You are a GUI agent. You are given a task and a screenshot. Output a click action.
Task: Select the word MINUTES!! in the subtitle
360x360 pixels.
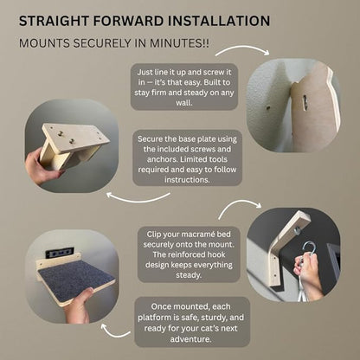pyautogui.click(x=179, y=43)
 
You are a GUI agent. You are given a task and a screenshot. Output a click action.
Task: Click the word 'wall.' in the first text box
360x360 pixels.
pyautogui.click(x=184, y=103)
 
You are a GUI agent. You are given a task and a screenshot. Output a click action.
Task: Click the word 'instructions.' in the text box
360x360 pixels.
pyautogui.click(x=187, y=180)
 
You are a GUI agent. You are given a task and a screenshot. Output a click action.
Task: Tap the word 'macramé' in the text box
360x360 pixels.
pyautogui.click(x=197, y=235)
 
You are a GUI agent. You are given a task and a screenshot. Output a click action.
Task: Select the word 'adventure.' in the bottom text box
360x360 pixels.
pyautogui.click(x=190, y=339)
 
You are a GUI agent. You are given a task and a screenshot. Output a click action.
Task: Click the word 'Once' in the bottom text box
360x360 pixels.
pyautogui.click(x=161, y=306)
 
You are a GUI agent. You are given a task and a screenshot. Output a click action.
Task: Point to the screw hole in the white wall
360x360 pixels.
pyautogui.click(x=268, y=108)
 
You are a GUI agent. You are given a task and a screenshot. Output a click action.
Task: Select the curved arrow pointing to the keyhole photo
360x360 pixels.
pyautogui.click(x=241, y=49)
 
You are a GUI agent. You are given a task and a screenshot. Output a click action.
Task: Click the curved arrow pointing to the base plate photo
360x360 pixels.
pyautogui.click(x=138, y=198)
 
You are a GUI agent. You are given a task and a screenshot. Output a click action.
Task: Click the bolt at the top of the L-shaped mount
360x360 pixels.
pyautogui.click(x=297, y=230)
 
